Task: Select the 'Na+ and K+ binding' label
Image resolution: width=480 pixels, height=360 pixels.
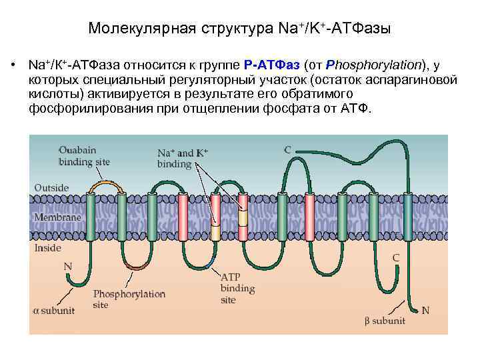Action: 183,158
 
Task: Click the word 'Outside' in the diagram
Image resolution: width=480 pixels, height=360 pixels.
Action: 51,187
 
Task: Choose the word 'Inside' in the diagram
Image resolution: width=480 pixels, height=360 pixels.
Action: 47,247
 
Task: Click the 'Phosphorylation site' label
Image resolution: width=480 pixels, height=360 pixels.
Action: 120,299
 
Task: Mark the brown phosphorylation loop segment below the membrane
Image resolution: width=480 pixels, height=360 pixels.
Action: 137,265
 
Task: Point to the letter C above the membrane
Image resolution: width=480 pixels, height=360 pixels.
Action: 287,149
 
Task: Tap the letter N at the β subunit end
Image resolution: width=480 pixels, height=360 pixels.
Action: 426,310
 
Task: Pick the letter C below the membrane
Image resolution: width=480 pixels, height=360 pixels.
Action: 395,257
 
